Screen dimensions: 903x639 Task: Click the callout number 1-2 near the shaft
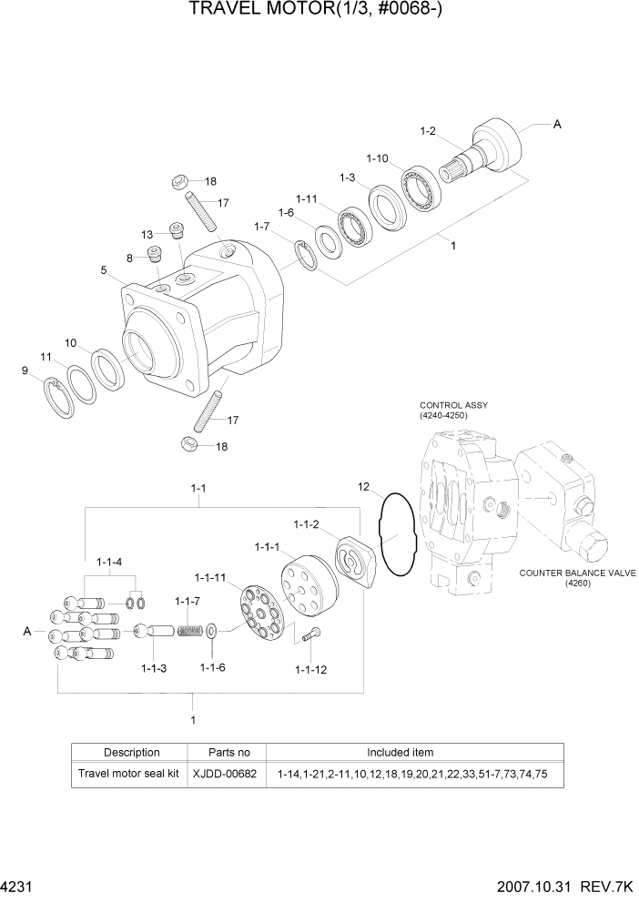[428, 131]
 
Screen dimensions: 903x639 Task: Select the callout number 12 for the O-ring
[363, 488]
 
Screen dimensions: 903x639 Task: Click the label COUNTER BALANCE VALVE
[577, 573]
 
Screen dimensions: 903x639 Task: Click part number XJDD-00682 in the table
[223, 775]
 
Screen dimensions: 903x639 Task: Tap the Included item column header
[400, 753]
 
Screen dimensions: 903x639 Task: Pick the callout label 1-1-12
[310, 670]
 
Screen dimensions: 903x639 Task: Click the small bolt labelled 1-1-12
[311, 636]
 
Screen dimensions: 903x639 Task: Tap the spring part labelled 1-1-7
[188, 628]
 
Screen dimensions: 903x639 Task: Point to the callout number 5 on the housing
[104, 270]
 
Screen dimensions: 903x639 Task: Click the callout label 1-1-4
[109, 562]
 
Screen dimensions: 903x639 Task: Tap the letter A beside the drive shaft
[557, 125]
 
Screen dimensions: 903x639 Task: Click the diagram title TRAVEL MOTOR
[319, 11]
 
